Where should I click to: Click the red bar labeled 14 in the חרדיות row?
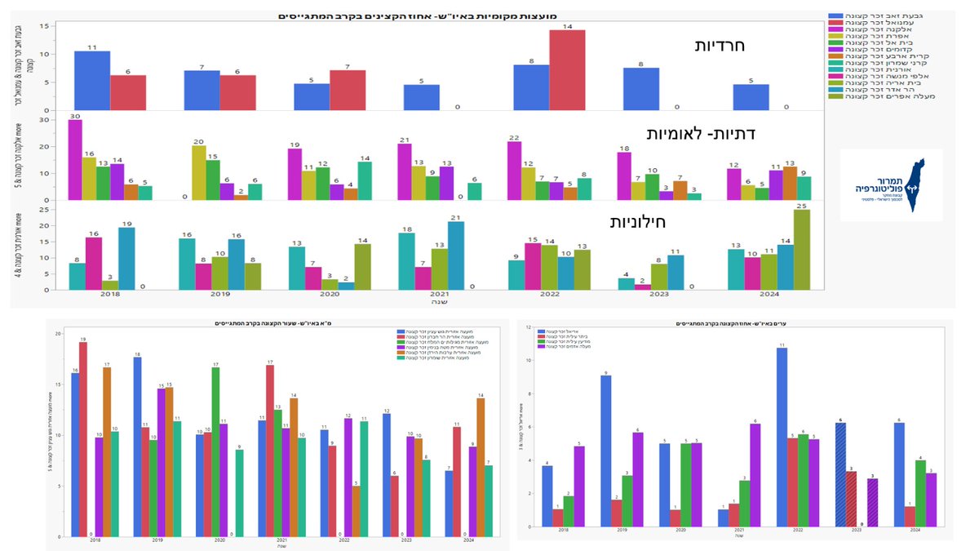pyautogui.click(x=567, y=70)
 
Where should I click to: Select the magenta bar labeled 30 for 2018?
pyautogui.click(x=75, y=160)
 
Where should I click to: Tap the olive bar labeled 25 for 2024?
pyautogui.click(x=802, y=250)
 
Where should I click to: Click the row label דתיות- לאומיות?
pyautogui.click(x=692, y=134)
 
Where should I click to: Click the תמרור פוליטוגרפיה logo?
pyautogui.click(x=891, y=185)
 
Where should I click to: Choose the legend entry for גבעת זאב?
pyautogui.click(x=897, y=16)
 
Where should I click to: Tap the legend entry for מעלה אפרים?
pyautogui.click(x=897, y=96)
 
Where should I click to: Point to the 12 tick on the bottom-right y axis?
pyautogui.click(x=531, y=327)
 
